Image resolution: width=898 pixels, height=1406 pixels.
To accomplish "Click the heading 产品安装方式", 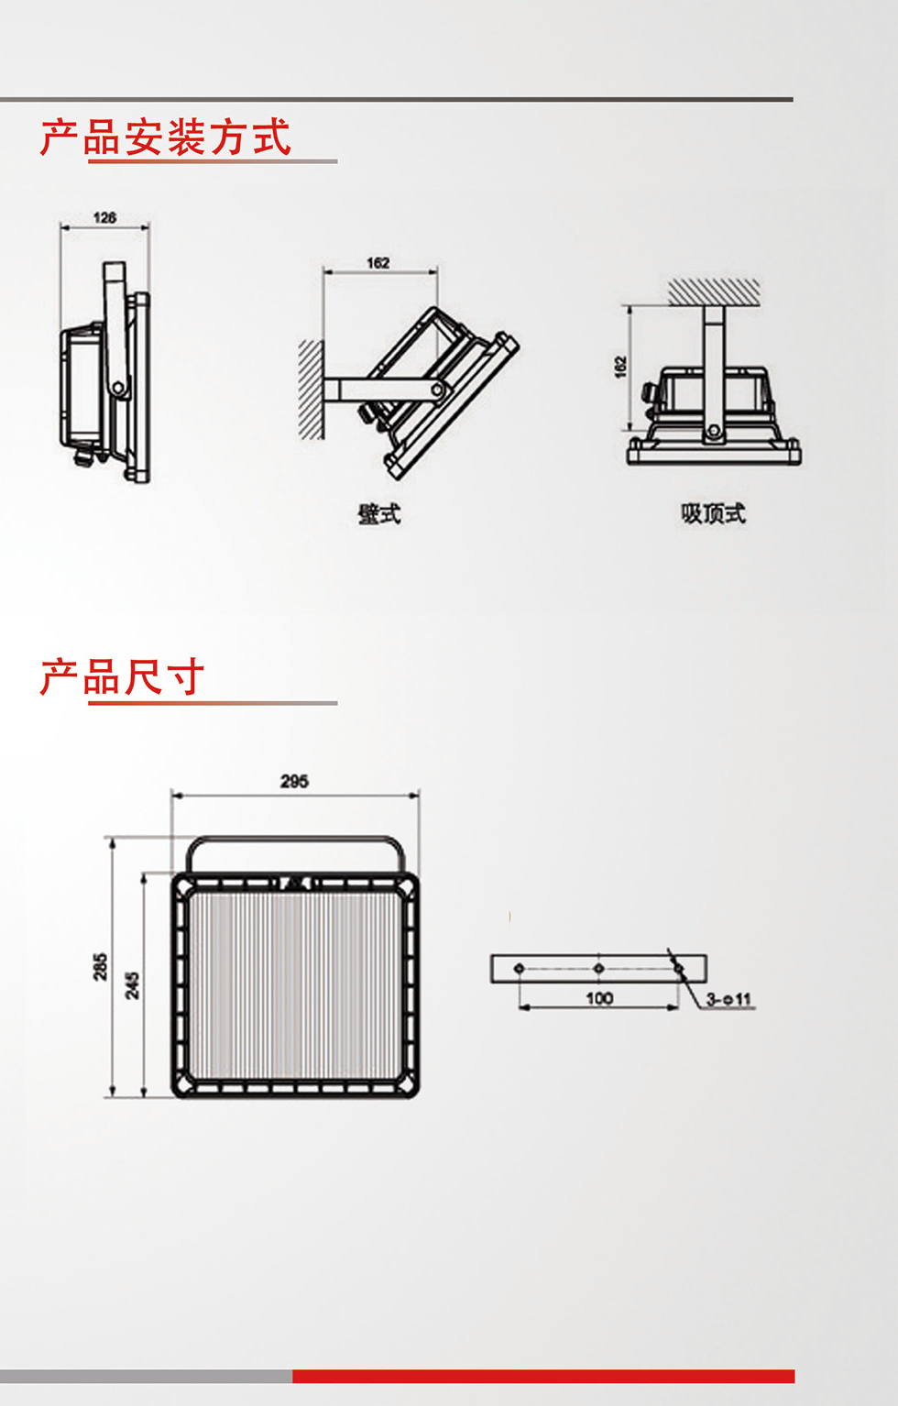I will coord(166,137).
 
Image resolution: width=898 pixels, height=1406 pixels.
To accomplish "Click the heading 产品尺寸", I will coord(122,677).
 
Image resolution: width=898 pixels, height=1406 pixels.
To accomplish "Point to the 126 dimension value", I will coord(104,217).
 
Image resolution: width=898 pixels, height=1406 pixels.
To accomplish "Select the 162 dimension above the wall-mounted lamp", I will coord(378,263).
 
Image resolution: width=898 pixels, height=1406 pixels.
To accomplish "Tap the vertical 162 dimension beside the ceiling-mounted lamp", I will coord(620,367).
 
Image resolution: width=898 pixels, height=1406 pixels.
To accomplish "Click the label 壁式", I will coord(378,514).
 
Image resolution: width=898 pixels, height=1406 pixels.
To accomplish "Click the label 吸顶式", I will coord(713,513).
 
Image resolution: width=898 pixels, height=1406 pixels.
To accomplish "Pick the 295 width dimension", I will coord(294,781).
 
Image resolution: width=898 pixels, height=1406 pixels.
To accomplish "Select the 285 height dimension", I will coord(100,966).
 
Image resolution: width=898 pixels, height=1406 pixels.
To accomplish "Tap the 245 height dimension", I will coord(133,985).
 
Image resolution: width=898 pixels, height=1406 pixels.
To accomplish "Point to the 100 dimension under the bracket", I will coord(599,998).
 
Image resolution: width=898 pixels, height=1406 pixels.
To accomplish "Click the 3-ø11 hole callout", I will coord(728,999).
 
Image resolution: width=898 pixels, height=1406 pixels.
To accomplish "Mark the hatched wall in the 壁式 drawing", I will coord(311,390).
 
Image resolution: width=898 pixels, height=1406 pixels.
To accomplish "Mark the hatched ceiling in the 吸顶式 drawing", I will coord(714,291).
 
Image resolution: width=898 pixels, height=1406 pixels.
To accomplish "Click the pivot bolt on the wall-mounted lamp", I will coord(438,391).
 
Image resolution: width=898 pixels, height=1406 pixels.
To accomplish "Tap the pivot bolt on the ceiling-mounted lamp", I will coord(713,431).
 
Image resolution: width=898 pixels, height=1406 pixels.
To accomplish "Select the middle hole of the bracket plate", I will coord(598,968).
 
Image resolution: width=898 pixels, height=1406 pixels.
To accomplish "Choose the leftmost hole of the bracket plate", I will coord(520,968).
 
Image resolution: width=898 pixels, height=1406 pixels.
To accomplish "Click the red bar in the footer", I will coord(542,1376).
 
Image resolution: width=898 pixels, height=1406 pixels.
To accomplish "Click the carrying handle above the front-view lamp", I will coord(294,840).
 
